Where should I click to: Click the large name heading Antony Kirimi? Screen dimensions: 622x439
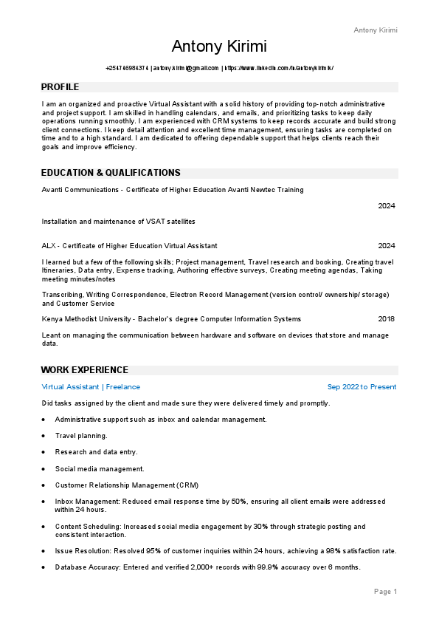219,47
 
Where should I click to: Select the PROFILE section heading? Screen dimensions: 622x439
61,87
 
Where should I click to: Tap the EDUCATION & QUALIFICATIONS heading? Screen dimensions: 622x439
111,173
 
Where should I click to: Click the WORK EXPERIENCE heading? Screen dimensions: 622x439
85,370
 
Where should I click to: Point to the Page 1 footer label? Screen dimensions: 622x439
385,592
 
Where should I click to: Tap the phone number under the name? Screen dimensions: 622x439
127,68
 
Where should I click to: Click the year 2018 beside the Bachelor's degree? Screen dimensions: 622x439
387,319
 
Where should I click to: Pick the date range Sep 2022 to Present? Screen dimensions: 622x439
362,387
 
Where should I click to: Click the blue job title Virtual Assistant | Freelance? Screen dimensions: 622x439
91,387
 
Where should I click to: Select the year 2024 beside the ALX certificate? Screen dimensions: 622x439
387,246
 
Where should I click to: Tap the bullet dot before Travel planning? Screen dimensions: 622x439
44,436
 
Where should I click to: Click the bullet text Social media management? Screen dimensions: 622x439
100,468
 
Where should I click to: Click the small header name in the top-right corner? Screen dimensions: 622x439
376,30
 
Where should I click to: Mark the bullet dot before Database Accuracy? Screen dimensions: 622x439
44,567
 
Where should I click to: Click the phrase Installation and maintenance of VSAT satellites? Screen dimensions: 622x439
118,222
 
